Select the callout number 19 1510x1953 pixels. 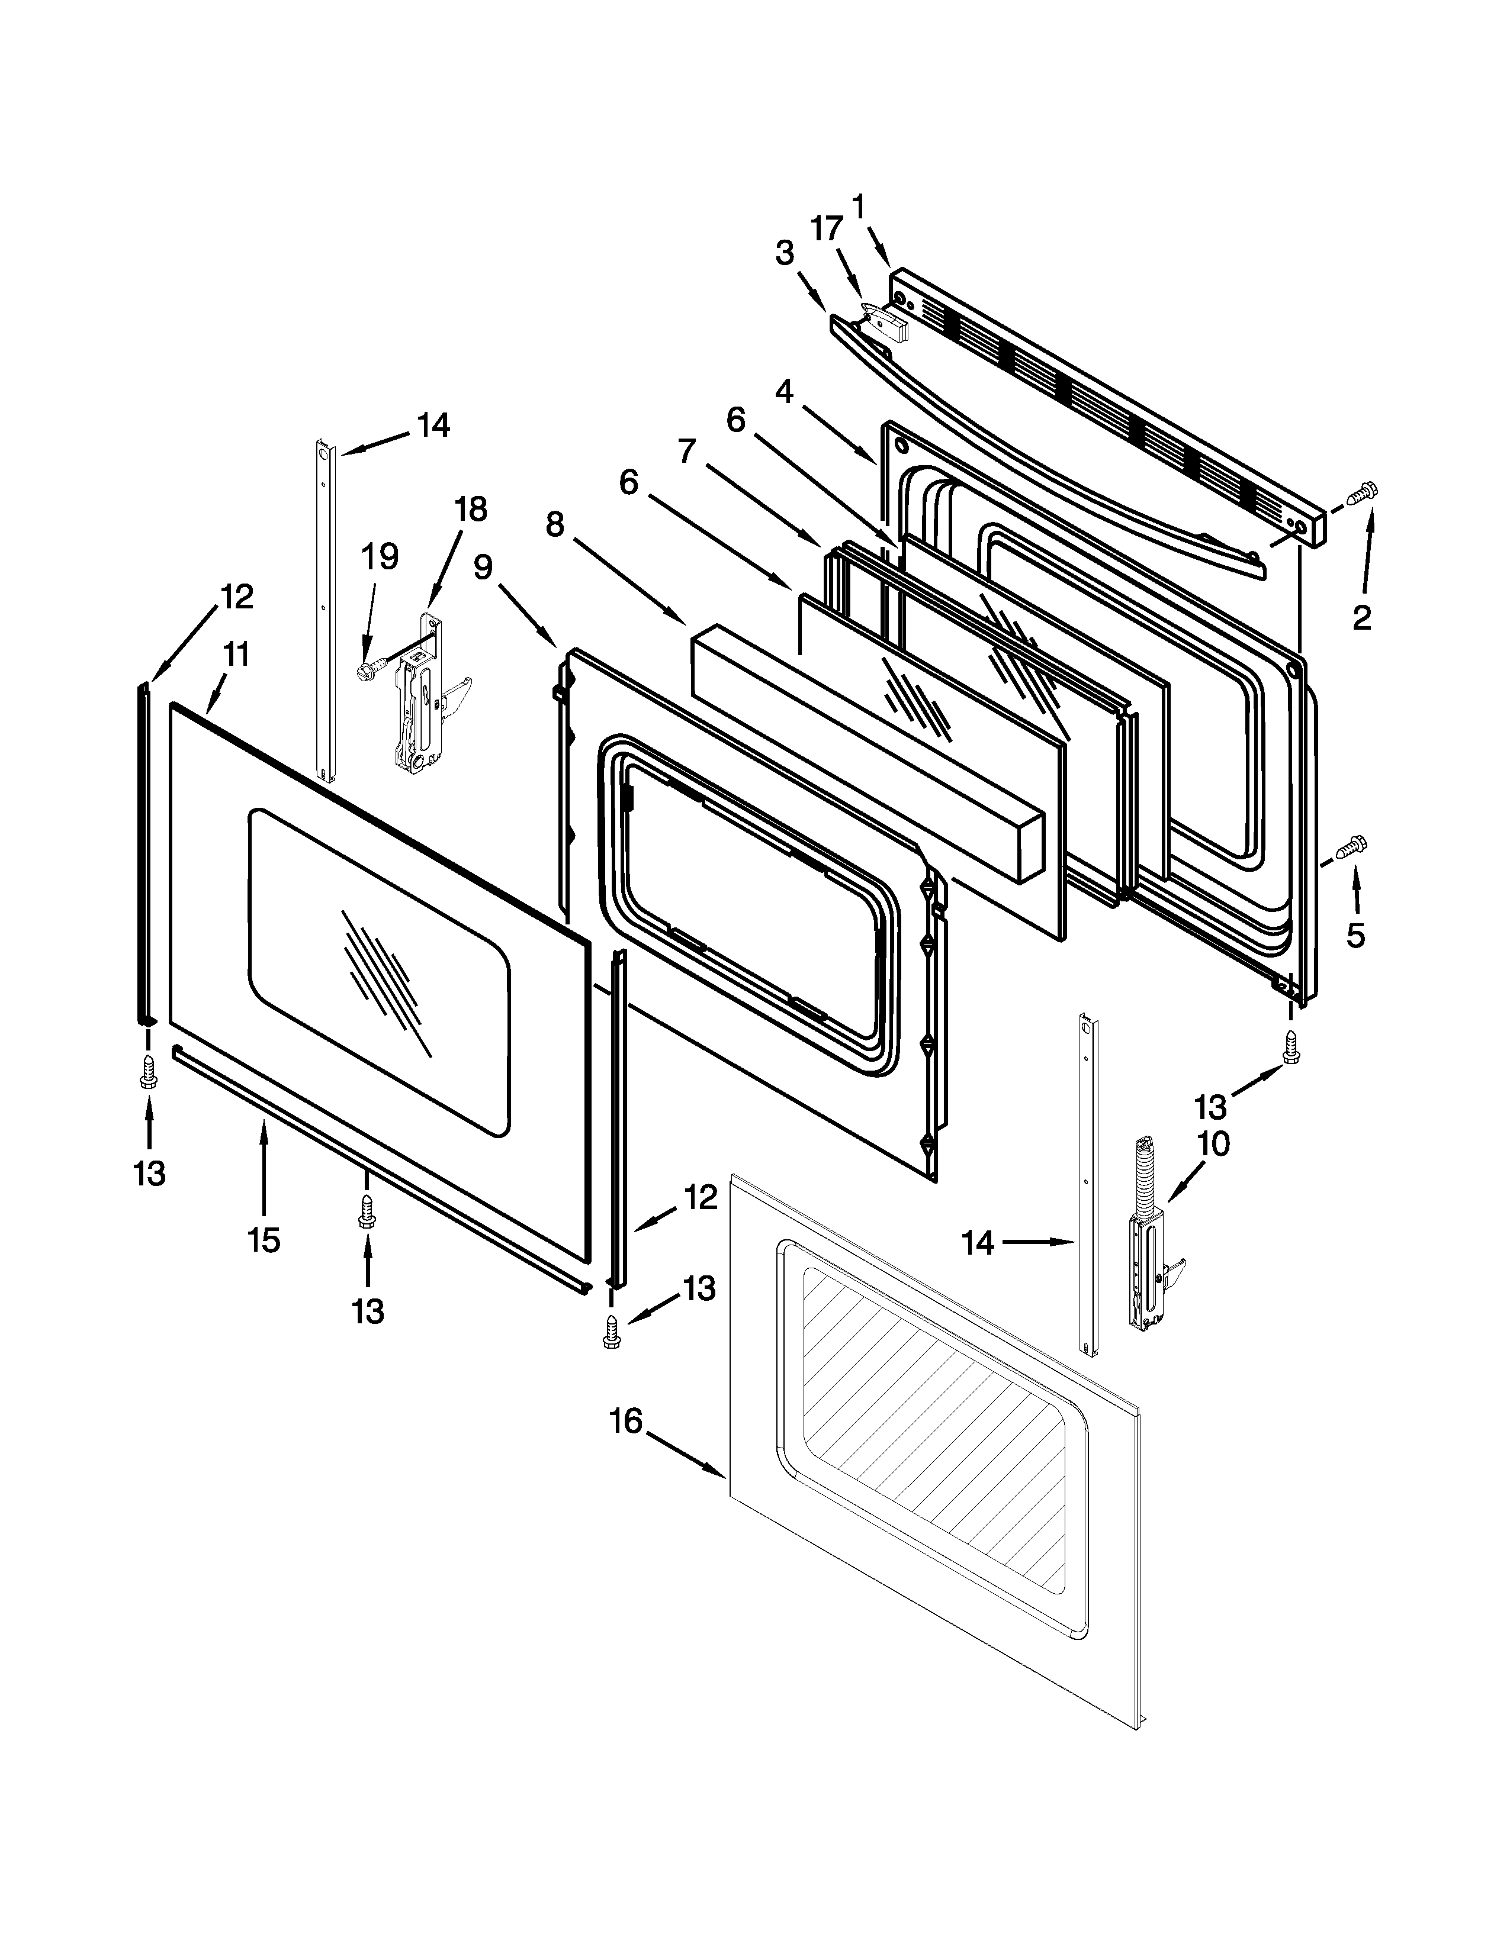click(x=380, y=556)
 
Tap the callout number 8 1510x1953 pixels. click(x=555, y=525)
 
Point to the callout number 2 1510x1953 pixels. click(x=1361, y=617)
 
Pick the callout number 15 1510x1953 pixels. click(x=264, y=1239)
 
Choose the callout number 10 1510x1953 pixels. click(x=1214, y=1144)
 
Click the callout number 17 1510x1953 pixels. click(x=827, y=229)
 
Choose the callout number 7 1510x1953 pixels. click(x=686, y=452)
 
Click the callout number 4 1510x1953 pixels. click(x=785, y=391)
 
